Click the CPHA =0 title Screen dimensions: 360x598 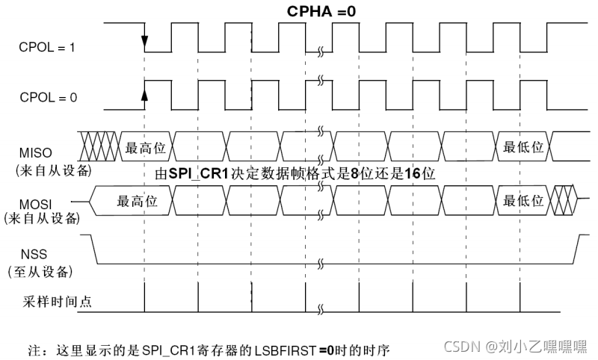(x=321, y=12)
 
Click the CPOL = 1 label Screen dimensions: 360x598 (x=46, y=48)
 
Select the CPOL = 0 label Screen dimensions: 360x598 (x=46, y=97)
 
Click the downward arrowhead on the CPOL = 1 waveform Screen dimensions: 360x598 (x=144, y=42)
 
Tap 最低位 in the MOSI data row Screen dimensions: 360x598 (x=523, y=201)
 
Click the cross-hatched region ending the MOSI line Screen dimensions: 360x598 (x=562, y=201)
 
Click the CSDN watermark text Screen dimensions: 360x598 (x=460, y=347)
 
